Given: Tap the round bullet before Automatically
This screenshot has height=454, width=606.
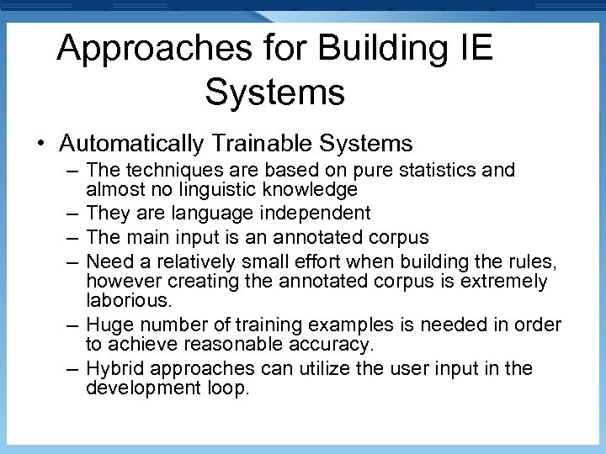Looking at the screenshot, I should (x=40, y=143).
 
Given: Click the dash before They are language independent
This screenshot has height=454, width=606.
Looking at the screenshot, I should (x=73, y=214).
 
